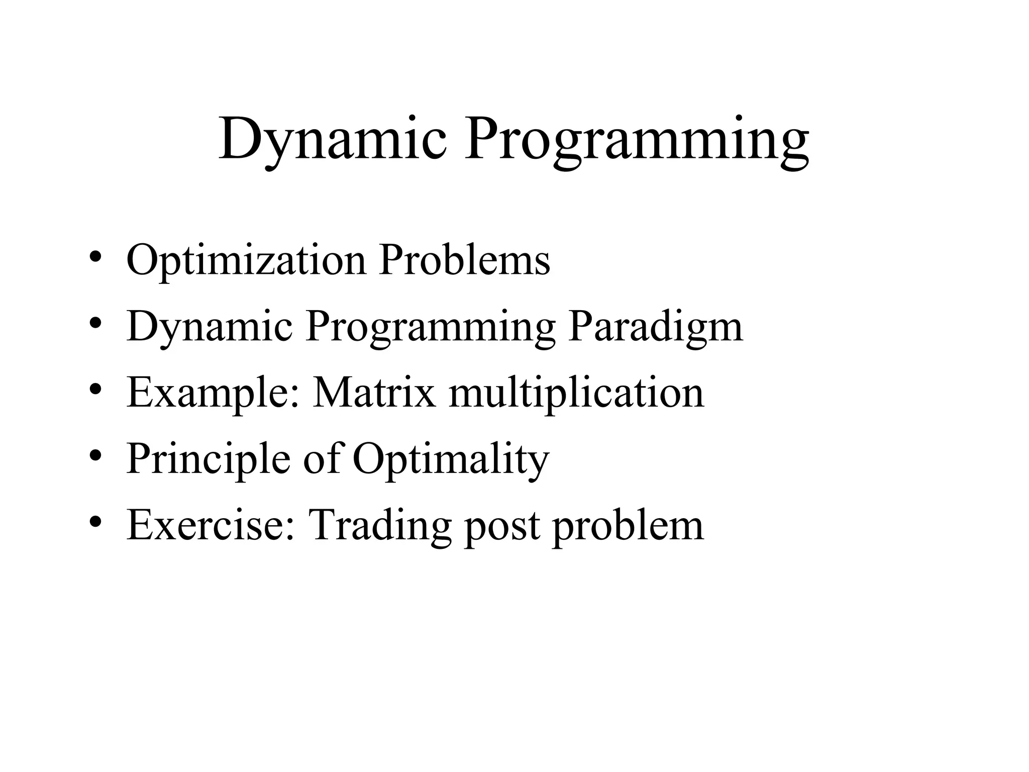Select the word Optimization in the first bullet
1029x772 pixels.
click(246, 260)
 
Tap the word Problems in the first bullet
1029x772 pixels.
click(465, 260)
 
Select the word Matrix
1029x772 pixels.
click(374, 393)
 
